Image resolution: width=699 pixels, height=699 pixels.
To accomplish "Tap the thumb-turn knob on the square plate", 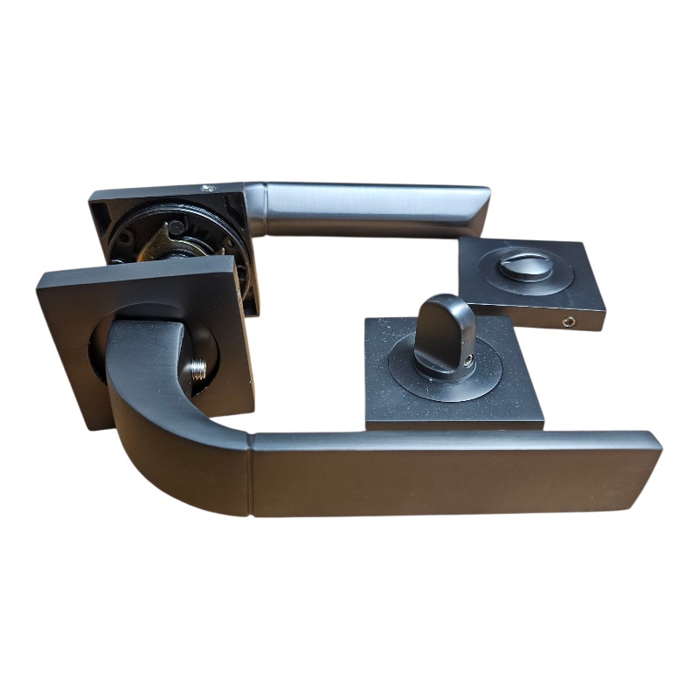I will [443, 329].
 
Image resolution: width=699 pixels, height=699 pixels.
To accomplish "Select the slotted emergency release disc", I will [526, 264].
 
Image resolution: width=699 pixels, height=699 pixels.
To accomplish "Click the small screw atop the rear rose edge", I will [208, 187].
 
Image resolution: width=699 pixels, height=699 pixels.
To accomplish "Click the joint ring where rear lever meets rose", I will [255, 210].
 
